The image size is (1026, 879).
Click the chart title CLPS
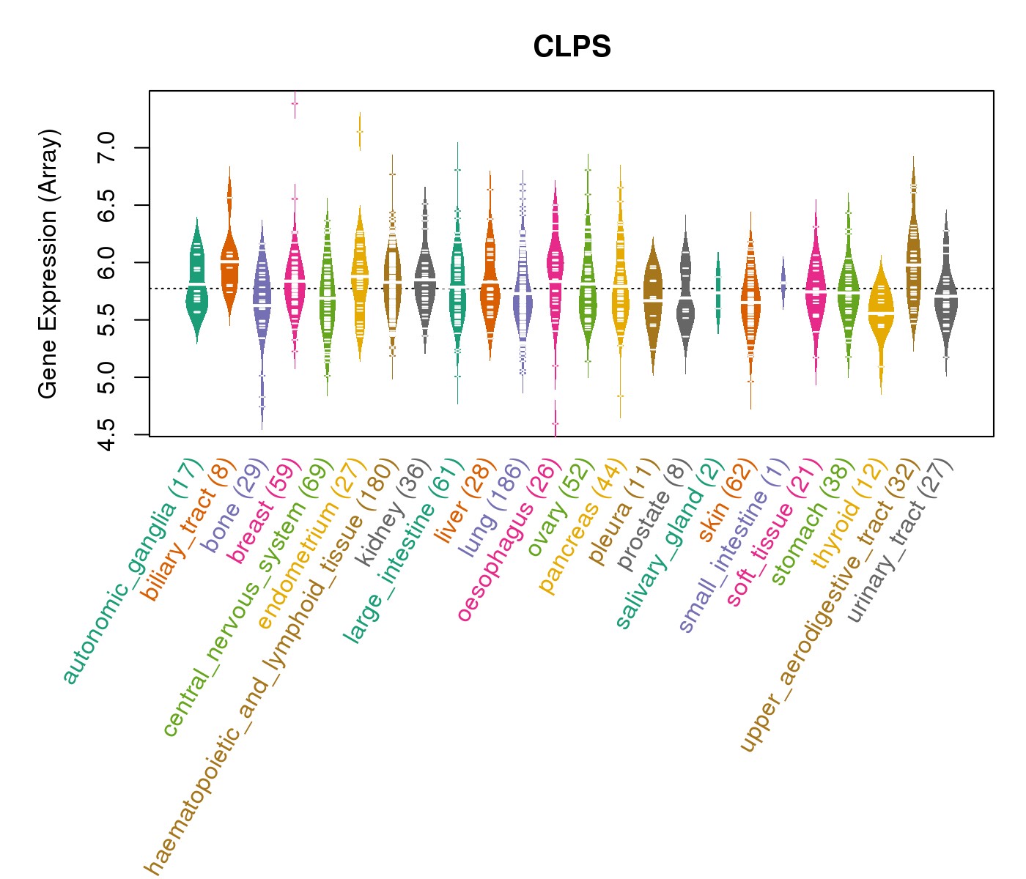pos(572,48)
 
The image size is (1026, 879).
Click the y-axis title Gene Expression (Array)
pos(48,264)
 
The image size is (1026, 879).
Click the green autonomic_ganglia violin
pos(196,282)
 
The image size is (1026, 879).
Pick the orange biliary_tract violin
pos(229,264)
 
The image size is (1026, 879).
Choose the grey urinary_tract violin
pos(946,293)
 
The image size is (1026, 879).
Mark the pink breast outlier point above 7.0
pos(295,103)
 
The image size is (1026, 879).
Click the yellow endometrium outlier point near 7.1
pos(360,132)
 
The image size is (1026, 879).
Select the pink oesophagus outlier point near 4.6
pos(555,423)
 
